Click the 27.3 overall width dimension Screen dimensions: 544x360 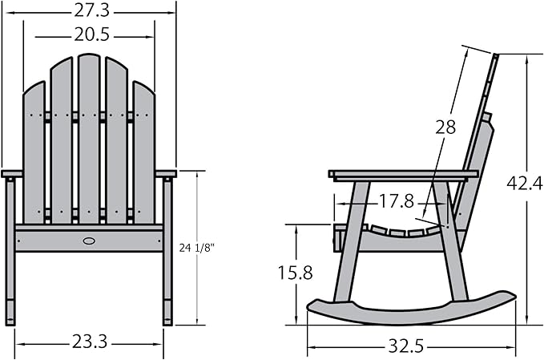91,11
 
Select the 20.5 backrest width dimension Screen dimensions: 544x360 91,34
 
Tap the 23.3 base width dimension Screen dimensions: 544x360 90,342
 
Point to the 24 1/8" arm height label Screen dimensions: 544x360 197,248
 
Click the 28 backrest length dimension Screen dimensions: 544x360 445,127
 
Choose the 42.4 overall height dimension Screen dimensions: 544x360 525,183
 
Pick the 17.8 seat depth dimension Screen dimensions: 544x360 397,201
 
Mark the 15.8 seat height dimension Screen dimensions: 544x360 296,273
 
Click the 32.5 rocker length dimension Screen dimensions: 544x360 406,346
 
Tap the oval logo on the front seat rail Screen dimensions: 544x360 89,241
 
